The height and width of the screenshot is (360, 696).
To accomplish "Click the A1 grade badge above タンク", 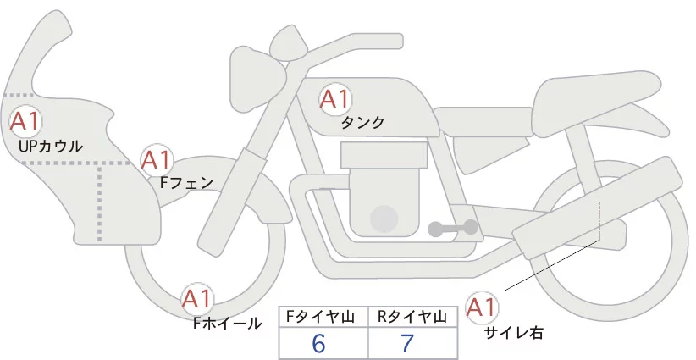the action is point(334,99).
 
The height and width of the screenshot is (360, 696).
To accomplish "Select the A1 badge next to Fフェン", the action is point(156,159).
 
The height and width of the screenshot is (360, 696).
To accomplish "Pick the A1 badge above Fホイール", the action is point(198,299).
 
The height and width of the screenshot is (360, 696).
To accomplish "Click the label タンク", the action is point(362,122).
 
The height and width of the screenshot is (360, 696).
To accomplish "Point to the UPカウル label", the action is point(50,147).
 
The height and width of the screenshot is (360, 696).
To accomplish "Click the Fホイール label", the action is point(228,323).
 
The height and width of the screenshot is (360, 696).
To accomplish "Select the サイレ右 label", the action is point(514,332).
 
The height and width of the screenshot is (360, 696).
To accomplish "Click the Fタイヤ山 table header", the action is point(324,317).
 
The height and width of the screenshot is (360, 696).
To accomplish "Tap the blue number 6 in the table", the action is point(319,344).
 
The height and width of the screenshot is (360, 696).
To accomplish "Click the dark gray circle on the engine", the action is point(384,219).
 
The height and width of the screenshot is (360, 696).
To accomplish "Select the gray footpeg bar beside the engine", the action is point(454,227).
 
